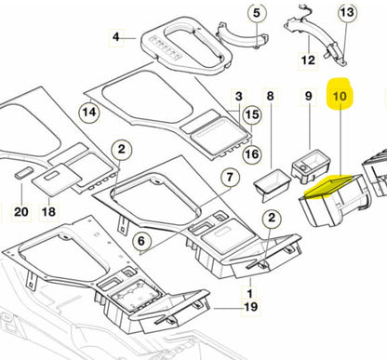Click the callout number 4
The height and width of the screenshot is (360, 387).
tap(117, 38)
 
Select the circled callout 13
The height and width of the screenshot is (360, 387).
tap(346, 13)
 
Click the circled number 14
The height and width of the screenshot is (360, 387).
tap(88, 113)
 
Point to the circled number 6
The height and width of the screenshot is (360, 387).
tap(142, 240)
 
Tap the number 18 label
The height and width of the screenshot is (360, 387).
tap(48, 212)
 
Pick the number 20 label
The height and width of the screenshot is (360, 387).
tap(17, 211)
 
